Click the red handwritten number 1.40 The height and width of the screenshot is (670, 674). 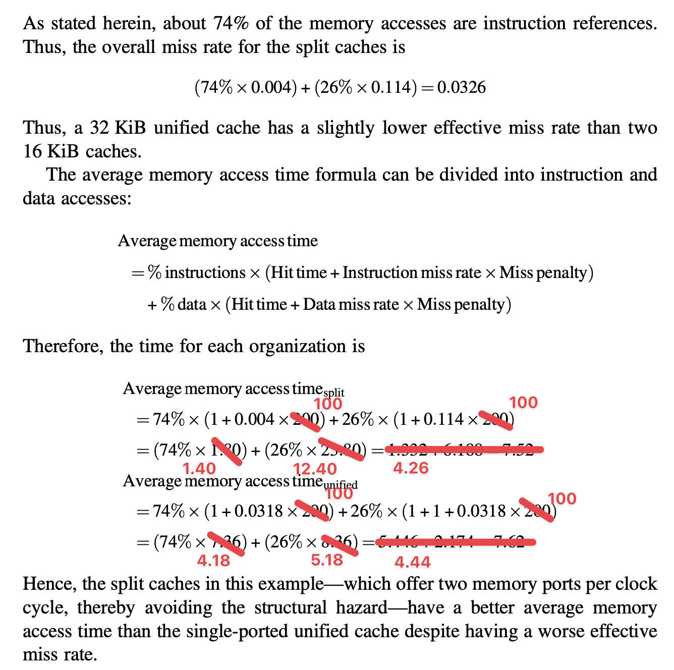(199, 469)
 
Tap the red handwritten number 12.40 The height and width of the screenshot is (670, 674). (315, 469)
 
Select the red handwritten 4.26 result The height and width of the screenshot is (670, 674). (411, 468)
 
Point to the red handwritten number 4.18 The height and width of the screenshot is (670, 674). (213, 561)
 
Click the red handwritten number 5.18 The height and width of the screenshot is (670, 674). (327, 560)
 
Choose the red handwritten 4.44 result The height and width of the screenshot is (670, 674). (412, 562)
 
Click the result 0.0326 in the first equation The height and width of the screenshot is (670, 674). (462, 88)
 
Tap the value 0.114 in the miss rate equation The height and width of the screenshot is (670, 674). (391, 88)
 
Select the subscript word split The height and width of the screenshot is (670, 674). (333, 393)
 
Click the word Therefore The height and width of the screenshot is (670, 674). (62, 347)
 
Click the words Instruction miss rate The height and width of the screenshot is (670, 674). (412, 273)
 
